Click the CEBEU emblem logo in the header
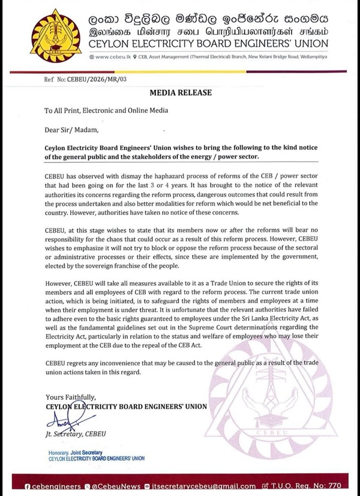(x=56, y=35)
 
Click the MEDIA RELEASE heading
(x=181, y=93)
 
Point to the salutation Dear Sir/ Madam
(x=70, y=128)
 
